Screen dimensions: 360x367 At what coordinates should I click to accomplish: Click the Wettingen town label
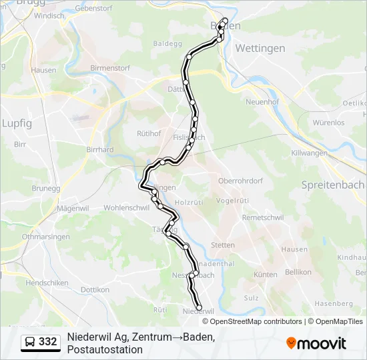(260, 48)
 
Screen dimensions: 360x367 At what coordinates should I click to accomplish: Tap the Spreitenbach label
(332, 185)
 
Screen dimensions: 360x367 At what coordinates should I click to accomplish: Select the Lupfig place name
(17, 123)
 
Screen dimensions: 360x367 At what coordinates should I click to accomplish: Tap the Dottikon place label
(95, 290)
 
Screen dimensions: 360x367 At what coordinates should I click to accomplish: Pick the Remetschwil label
(263, 218)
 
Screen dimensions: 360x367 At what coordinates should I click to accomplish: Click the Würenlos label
(328, 123)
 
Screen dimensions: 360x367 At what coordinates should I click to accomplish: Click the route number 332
(48, 342)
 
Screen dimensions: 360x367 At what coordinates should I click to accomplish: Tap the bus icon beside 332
(30, 342)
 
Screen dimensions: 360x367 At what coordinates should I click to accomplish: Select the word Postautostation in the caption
(105, 349)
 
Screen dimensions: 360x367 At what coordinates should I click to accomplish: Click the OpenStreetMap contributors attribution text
(256, 321)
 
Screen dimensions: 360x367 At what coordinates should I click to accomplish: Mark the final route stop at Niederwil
(199, 308)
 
